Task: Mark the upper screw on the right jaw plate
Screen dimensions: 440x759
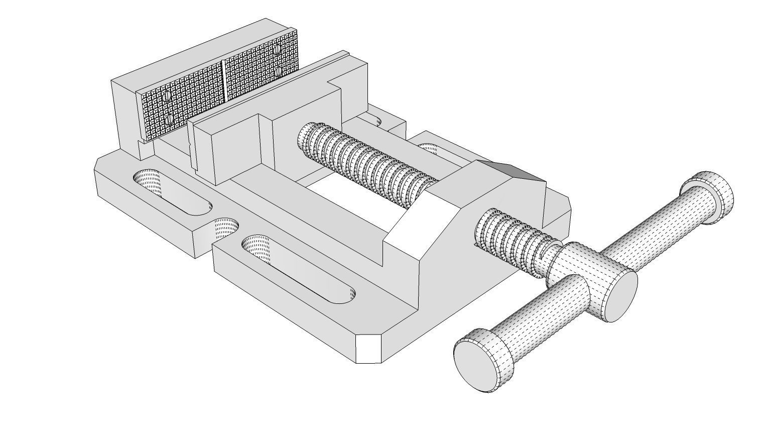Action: point(278,49)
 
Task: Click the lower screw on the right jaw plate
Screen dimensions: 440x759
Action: point(278,72)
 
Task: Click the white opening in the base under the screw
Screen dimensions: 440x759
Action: point(351,198)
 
